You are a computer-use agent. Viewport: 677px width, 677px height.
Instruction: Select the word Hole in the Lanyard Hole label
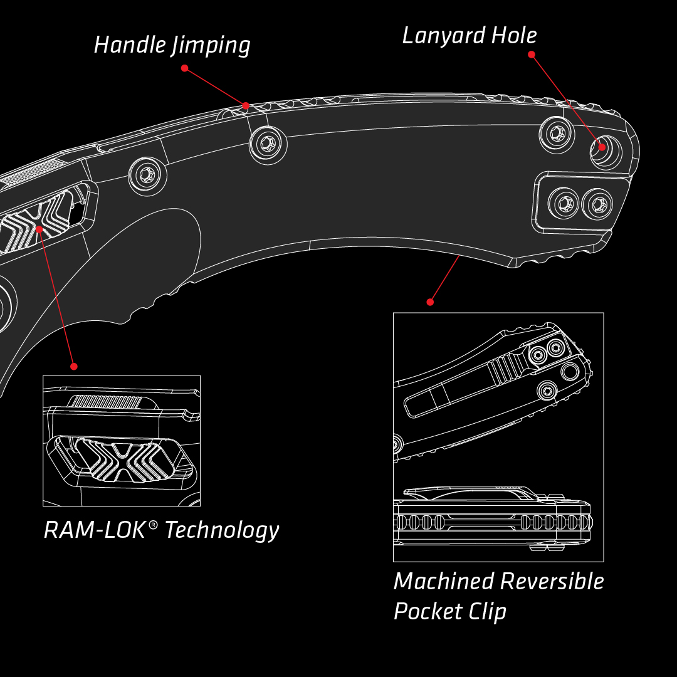pos(514,35)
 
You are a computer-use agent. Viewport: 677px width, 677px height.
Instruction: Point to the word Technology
pos(222,530)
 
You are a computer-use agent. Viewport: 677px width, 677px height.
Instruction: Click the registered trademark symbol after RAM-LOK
pos(152,523)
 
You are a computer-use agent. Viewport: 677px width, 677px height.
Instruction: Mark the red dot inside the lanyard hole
pos(602,147)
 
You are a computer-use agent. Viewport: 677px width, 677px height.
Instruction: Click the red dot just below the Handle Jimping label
pos(184,68)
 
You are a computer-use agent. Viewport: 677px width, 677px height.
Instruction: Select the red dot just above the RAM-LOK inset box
pos(73,366)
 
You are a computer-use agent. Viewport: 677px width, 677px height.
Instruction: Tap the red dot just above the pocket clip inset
pos(430,302)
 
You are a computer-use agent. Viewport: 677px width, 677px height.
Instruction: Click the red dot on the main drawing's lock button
pos(39,229)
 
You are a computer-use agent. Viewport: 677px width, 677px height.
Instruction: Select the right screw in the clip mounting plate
pos(597,204)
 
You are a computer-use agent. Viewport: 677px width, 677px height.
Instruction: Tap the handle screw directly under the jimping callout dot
pos(268,144)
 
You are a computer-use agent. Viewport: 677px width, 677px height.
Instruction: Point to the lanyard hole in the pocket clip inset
pos(570,372)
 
